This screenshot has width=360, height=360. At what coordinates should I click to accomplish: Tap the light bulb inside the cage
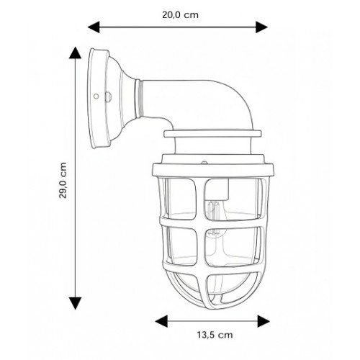tap(214, 216)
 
